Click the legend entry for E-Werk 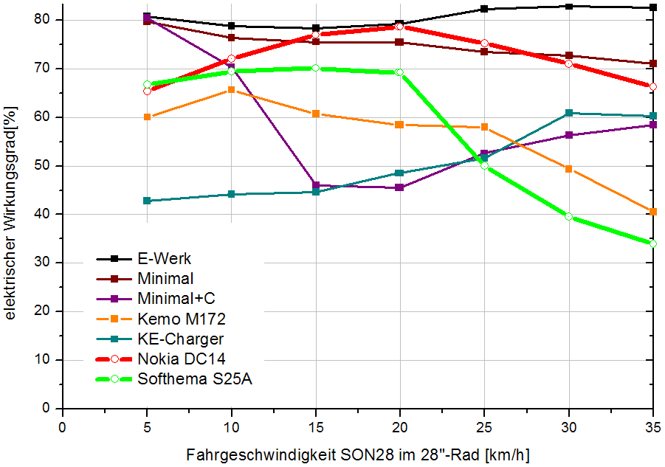click(x=164, y=259)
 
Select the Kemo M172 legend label click(x=182, y=319)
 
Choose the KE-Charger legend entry click(x=180, y=339)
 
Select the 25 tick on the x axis click(x=484, y=426)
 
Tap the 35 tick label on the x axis click(x=653, y=426)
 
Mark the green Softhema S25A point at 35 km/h click(x=653, y=243)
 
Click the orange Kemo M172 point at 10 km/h click(x=231, y=90)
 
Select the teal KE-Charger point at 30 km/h click(x=569, y=113)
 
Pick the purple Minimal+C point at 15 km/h click(x=316, y=185)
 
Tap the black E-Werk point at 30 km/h click(x=569, y=7)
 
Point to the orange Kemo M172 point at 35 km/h click(x=653, y=212)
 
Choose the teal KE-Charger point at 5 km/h click(x=147, y=201)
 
